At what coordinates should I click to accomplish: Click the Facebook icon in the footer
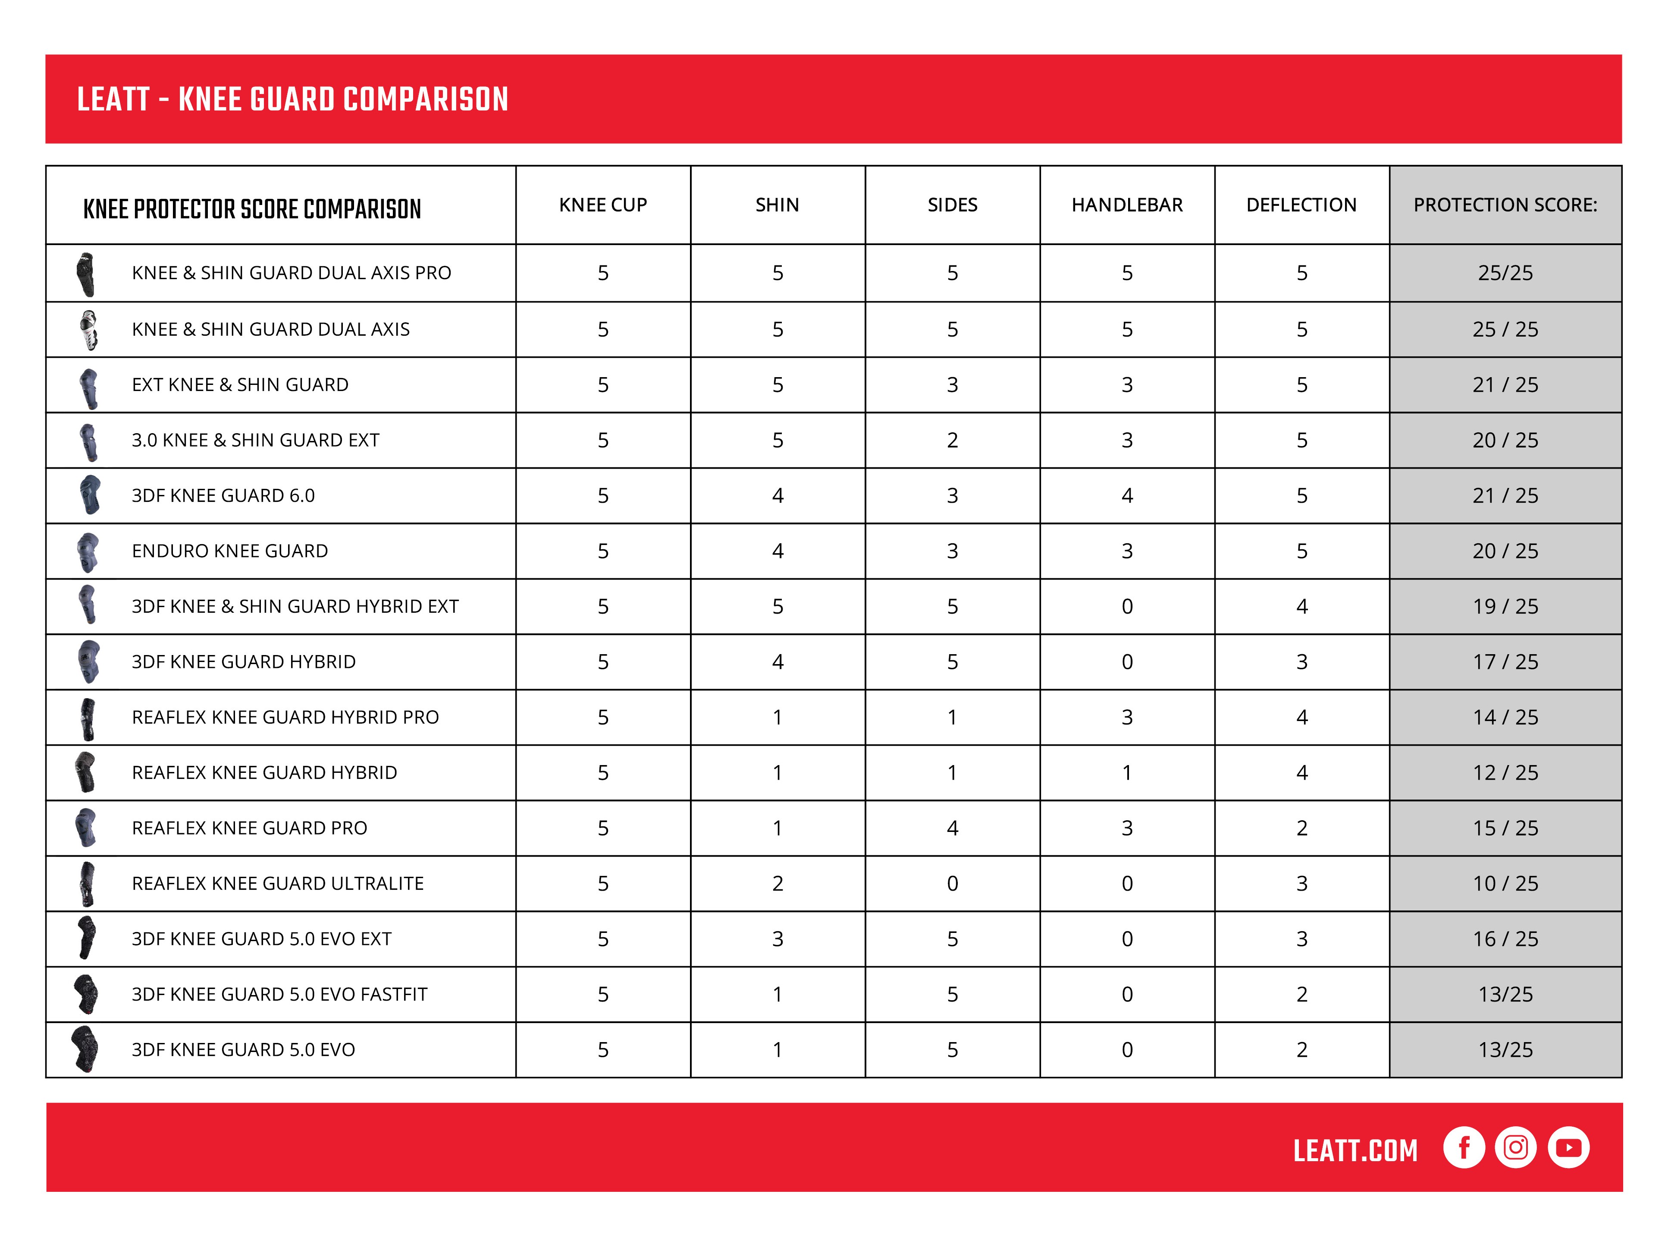1464,1147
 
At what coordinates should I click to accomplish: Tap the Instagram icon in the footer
1515,1147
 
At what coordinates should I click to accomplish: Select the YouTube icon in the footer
1568,1147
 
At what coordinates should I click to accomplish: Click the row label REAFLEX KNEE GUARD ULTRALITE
278,884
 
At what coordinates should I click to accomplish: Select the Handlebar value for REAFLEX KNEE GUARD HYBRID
1126,773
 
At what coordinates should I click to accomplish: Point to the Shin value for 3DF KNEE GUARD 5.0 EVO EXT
778,939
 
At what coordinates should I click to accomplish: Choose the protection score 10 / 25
1505,884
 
